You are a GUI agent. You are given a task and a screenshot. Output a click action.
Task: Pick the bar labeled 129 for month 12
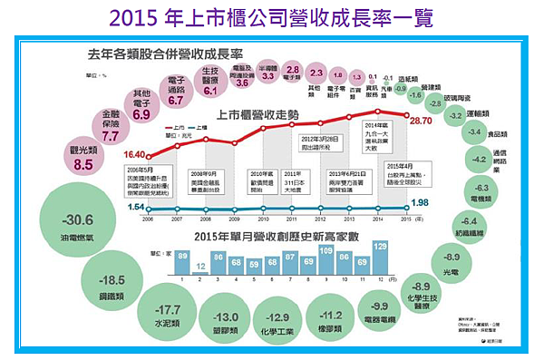[380, 258]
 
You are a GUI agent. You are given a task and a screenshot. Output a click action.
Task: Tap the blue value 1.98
[419, 202]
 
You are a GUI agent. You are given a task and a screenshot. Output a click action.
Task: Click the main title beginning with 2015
[272, 17]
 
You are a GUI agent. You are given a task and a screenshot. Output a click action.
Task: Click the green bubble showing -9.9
[379, 312]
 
